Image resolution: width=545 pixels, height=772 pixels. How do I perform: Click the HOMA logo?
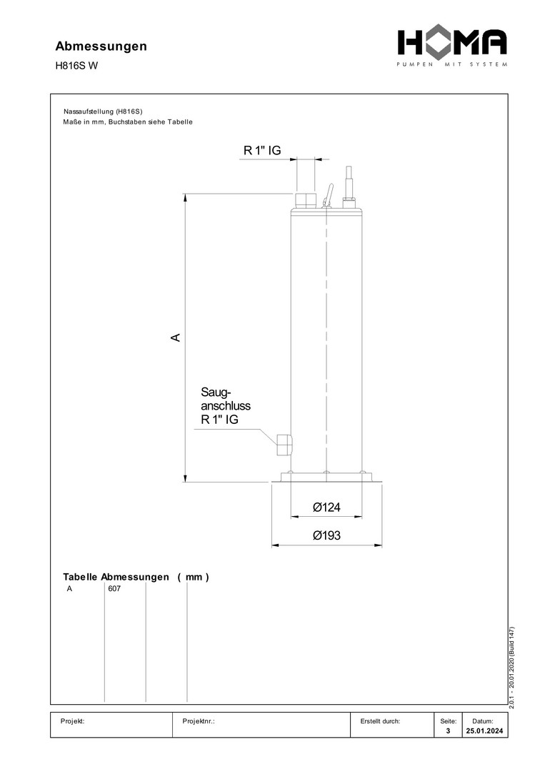[x=452, y=47]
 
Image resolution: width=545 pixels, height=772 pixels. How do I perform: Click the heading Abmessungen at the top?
[x=101, y=46]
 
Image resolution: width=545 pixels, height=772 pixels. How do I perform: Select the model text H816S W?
[x=76, y=66]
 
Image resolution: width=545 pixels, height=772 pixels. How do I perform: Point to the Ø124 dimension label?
[x=326, y=507]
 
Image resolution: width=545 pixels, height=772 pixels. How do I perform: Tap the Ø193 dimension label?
[x=326, y=535]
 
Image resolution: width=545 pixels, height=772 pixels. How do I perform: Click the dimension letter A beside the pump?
[x=176, y=337]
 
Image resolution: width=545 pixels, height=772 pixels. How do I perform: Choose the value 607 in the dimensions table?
[x=114, y=589]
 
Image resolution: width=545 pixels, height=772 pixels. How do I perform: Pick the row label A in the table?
[x=69, y=589]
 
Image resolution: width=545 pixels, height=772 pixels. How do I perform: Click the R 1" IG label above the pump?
[x=262, y=151]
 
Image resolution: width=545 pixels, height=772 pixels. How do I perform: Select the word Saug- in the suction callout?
[x=216, y=392]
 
